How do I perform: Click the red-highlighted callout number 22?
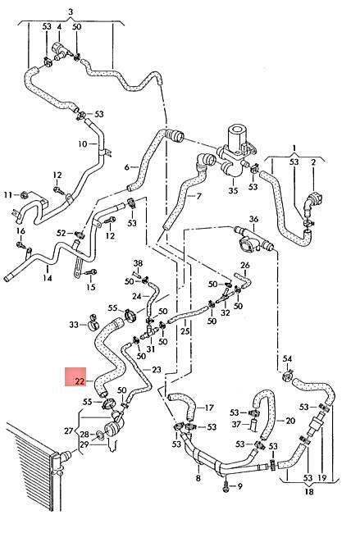(x=80, y=381)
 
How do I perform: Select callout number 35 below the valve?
(x=233, y=190)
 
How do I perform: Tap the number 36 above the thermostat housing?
(x=253, y=219)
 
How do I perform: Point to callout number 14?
(x=48, y=278)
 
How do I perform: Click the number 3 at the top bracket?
(x=71, y=12)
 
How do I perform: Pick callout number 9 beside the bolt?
(x=240, y=487)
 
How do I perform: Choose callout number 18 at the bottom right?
(x=309, y=491)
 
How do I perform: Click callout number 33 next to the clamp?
(x=74, y=325)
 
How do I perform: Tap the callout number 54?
(x=287, y=358)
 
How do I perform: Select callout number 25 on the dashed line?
(x=185, y=331)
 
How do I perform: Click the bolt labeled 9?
(x=226, y=487)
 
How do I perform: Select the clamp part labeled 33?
(x=93, y=322)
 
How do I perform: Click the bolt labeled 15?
(x=92, y=272)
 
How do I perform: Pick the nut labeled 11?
(x=25, y=195)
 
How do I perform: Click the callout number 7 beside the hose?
(x=199, y=196)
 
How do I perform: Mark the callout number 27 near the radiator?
(x=69, y=431)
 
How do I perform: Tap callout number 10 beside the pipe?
(x=83, y=144)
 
